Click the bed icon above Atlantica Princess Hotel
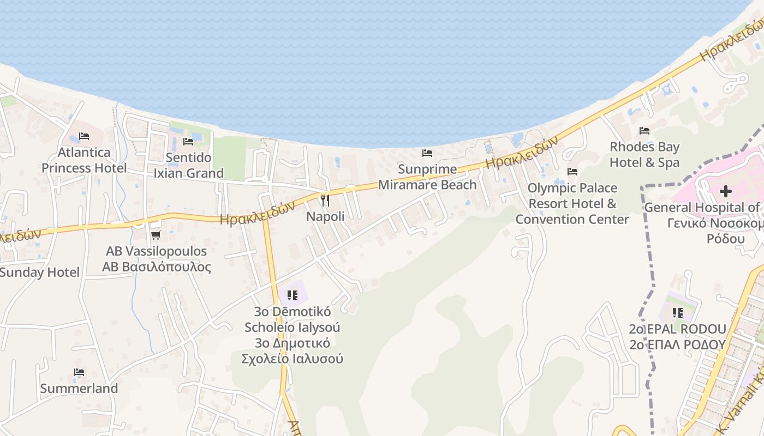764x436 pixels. click(83, 136)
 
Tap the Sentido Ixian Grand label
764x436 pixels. click(188, 166)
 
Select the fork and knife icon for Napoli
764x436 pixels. click(325, 200)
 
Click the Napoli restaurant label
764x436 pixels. click(325, 216)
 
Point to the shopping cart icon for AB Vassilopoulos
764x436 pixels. click(156, 235)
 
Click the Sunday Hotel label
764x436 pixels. click(39, 272)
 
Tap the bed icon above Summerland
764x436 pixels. click(79, 373)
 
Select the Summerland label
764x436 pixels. click(79, 389)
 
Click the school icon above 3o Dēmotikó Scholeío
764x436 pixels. click(293, 295)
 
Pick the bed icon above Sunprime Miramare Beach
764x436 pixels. click(427, 153)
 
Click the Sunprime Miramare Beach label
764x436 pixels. click(427, 177)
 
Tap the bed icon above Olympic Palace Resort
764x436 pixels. click(572, 172)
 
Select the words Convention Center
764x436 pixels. click(572, 219)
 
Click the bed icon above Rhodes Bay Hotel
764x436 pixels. click(644, 131)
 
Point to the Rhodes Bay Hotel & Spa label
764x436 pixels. click(644, 155)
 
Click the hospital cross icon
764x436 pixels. click(725, 191)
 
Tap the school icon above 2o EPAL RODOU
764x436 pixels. click(678, 313)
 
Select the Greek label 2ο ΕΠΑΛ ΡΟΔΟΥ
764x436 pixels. click(678, 344)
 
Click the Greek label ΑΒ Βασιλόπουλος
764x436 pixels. click(156, 267)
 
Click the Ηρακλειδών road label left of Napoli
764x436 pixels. click(257, 213)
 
